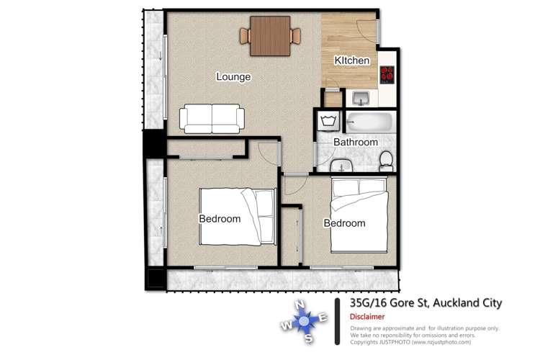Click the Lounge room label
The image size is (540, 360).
click(x=233, y=76)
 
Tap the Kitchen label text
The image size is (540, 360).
click(x=352, y=61)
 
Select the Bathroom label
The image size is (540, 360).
click(x=355, y=143)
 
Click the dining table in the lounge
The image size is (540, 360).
click(x=269, y=35)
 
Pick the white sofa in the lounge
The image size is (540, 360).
click(x=211, y=118)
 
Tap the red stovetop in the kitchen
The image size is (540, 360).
click(x=387, y=73)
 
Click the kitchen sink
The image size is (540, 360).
click(x=360, y=98)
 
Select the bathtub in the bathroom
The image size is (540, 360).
click(x=369, y=122)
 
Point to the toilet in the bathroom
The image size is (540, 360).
click(x=387, y=161)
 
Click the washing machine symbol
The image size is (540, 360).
click(x=328, y=120)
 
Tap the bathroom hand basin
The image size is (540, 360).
click(x=341, y=166)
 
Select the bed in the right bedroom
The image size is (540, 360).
click(x=359, y=214)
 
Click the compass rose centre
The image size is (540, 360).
click(x=303, y=320)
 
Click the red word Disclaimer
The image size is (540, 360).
click(x=367, y=317)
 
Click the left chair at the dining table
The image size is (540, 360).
click(x=245, y=35)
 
